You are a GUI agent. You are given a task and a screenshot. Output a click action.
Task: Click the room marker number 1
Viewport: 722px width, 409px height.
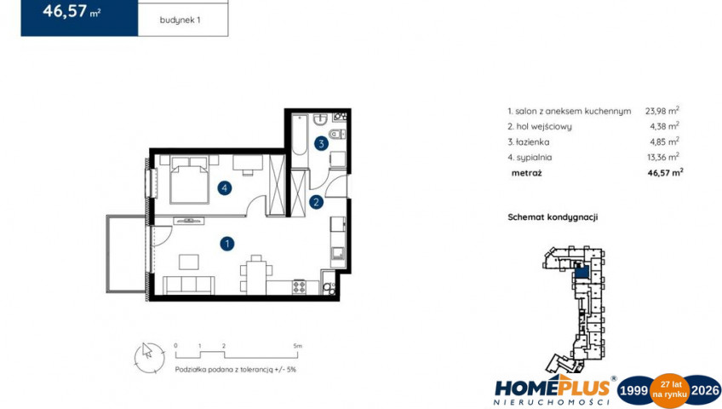click(x=226, y=244)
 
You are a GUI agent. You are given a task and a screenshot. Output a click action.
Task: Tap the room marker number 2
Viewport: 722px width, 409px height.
click(x=317, y=202)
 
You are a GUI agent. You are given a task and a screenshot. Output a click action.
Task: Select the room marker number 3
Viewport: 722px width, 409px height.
click(x=321, y=144)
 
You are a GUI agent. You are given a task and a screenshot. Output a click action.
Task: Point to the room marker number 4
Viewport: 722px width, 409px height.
click(x=224, y=188)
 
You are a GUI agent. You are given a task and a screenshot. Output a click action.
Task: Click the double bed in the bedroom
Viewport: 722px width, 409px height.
click(x=189, y=180)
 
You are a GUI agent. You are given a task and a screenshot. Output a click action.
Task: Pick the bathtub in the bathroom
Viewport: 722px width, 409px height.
click(x=300, y=135)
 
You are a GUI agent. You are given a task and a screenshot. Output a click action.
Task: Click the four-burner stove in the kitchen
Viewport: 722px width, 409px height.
click(x=300, y=286)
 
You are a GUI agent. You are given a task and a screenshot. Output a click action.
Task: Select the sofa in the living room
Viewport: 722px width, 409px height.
click(x=189, y=285)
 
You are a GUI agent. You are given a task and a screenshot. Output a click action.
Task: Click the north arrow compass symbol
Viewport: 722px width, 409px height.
click(x=149, y=358)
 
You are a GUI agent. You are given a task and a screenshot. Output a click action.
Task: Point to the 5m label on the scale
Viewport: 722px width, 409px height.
click(x=297, y=345)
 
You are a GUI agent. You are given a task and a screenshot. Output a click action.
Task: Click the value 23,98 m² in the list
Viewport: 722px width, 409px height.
click(x=662, y=111)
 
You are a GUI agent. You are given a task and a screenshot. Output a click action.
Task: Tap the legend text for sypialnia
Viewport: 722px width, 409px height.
click(x=530, y=158)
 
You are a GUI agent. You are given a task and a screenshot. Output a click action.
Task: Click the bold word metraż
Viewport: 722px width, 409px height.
click(x=527, y=173)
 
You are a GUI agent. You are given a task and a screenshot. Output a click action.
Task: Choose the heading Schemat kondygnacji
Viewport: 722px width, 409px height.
click(x=553, y=217)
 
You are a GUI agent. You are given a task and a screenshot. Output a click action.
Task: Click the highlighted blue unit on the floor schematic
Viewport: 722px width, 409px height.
click(x=582, y=272)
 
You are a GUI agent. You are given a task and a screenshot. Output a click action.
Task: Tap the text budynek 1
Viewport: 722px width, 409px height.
click(x=180, y=20)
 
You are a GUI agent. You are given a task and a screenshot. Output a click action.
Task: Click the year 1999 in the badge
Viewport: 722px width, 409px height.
click(x=634, y=390)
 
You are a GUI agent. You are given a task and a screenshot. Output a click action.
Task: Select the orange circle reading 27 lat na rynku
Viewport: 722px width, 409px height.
click(x=669, y=390)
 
